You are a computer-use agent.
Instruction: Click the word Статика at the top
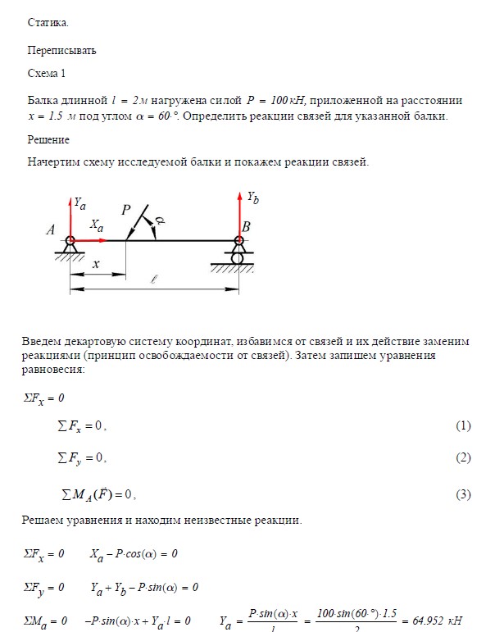[x=48, y=22]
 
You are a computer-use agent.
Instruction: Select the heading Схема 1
[x=47, y=74]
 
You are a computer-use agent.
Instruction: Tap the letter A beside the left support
[x=51, y=232]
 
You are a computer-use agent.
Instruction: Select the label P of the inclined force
[x=126, y=210]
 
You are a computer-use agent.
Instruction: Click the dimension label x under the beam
[x=96, y=264]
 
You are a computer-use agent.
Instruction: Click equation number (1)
[x=463, y=426]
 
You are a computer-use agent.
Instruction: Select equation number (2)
[x=463, y=457]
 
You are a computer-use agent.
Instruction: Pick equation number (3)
[x=463, y=494]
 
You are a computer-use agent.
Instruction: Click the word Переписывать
[x=62, y=50]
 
